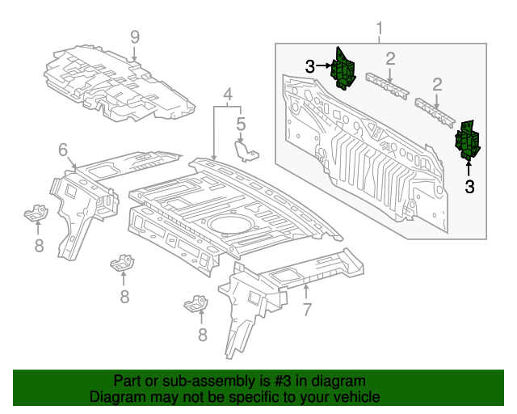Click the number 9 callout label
click(135, 36)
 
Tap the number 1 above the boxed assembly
click(379, 30)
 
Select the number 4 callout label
click(229, 94)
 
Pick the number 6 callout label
click(62, 149)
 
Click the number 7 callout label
click(306, 309)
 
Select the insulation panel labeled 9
click(121, 85)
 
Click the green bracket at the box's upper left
click(345, 68)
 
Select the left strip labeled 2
click(385, 83)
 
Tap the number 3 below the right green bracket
click(469, 187)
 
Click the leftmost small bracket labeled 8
click(36, 214)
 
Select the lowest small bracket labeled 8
click(196, 305)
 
